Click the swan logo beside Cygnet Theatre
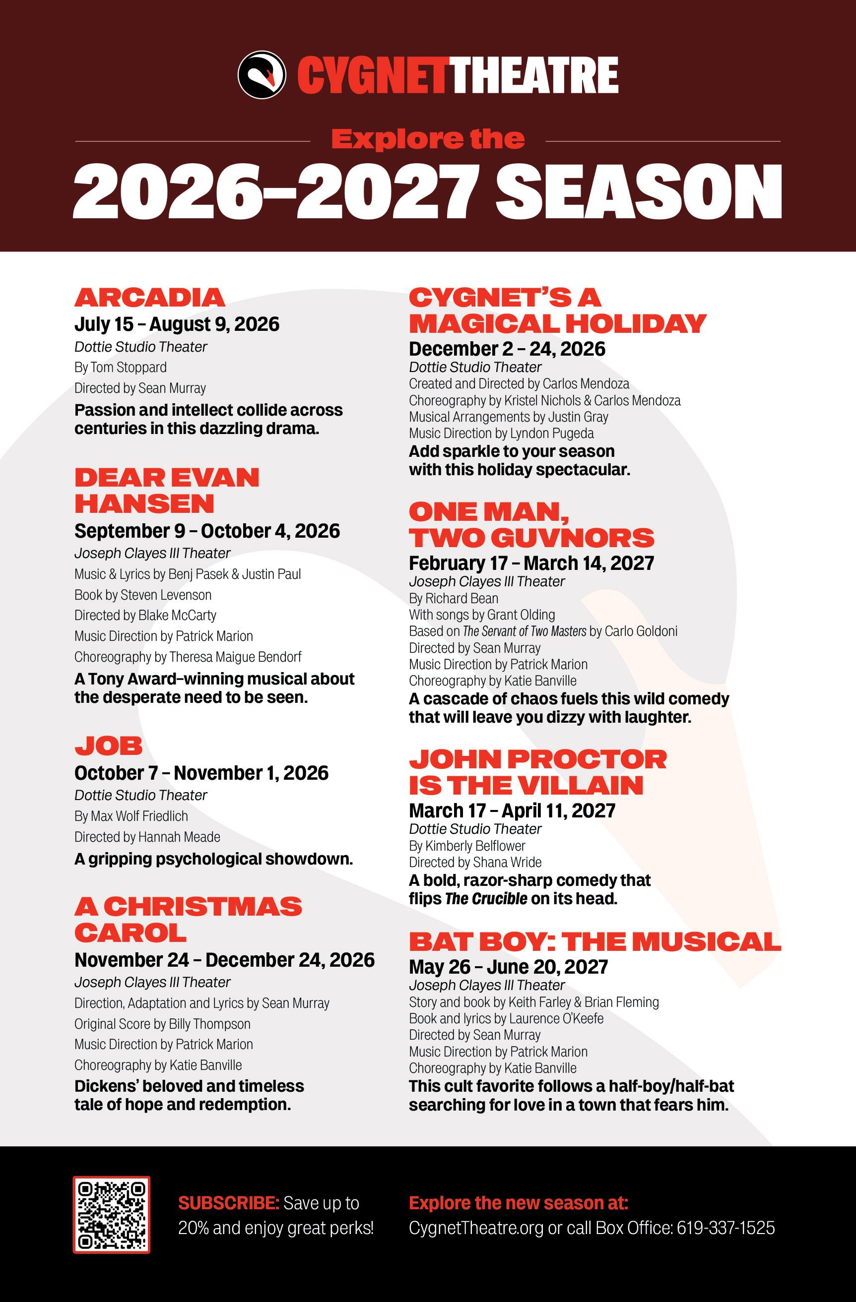coord(262,75)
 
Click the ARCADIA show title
coord(149,298)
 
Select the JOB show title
coord(108,745)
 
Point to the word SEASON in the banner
coord(639,192)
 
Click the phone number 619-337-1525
coord(725,1228)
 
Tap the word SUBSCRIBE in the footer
coord(228,1203)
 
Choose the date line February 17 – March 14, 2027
coord(531,563)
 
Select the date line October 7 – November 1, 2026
coord(201,772)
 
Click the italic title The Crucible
coord(486,898)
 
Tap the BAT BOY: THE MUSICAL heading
coord(595,941)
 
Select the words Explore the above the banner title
coord(427,139)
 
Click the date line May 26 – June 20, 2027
coord(508,967)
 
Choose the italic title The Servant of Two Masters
coord(525,631)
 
